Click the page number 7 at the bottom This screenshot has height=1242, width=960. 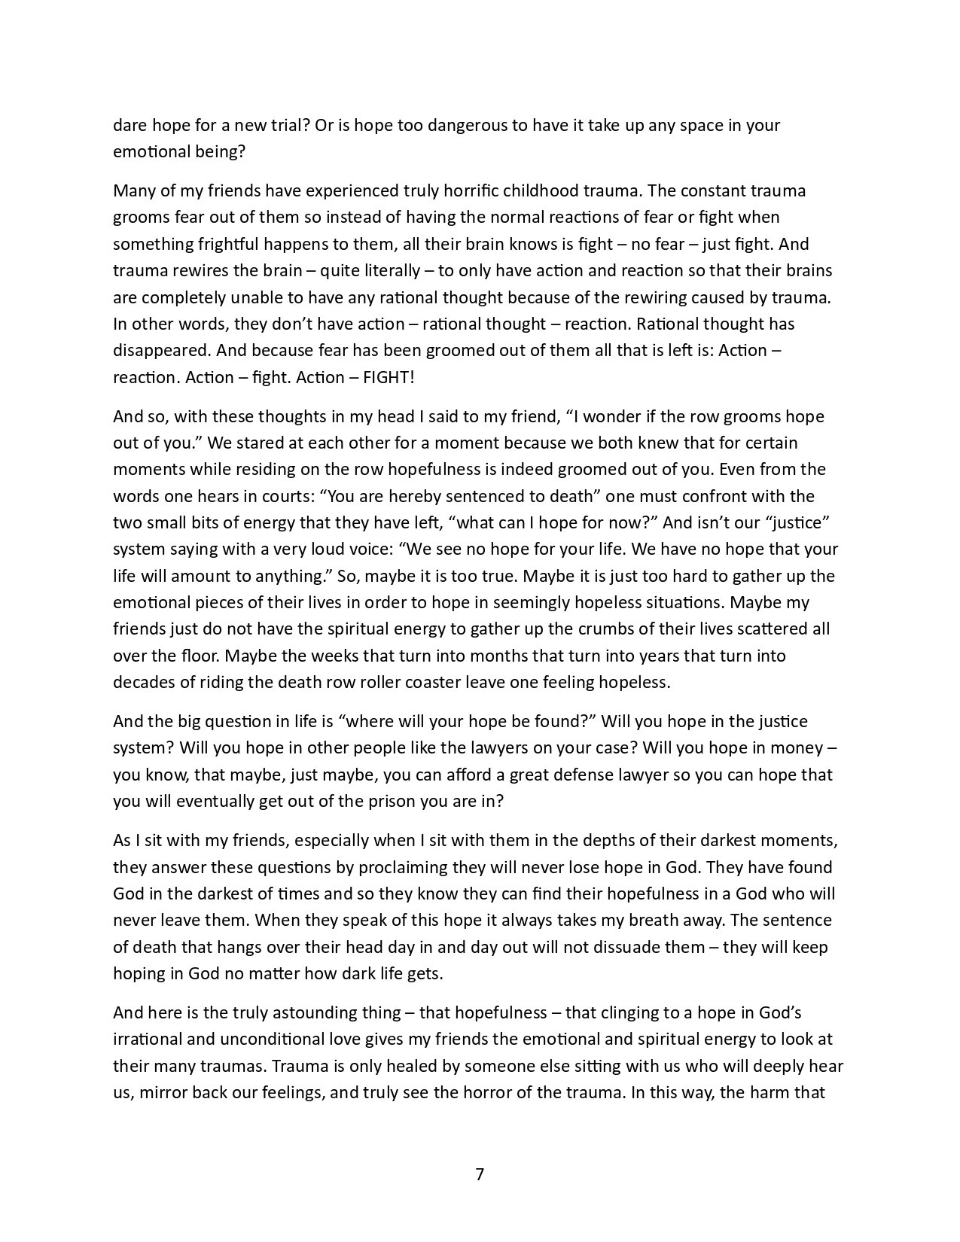tap(480, 1174)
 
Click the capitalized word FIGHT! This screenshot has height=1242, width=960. tap(389, 377)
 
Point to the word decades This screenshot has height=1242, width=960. tap(143, 682)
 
